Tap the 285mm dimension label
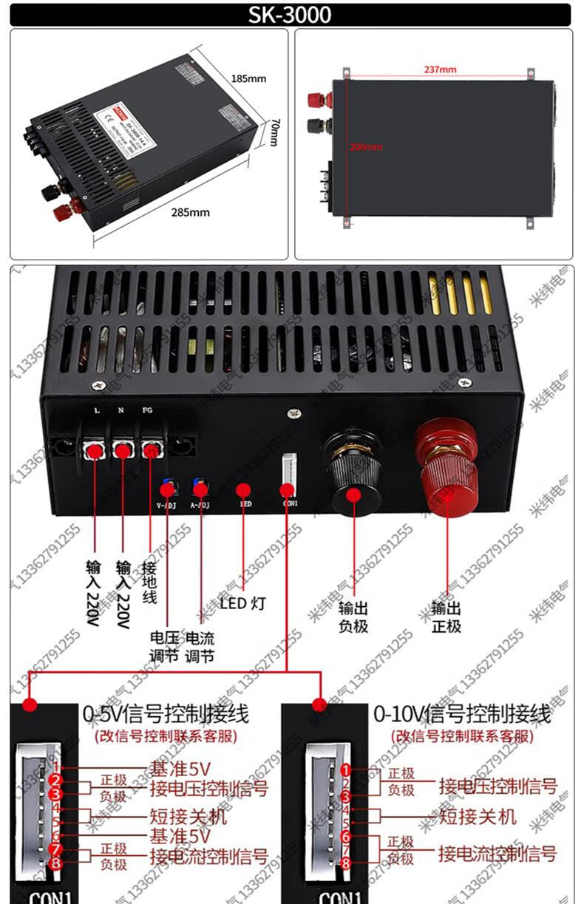(x=191, y=212)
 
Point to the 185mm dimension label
(x=248, y=78)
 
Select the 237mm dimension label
(x=441, y=69)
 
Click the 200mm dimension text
(x=366, y=147)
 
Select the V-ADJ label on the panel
(x=168, y=505)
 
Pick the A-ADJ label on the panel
(x=200, y=505)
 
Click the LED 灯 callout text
(x=242, y=603)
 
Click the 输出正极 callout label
(x=447, y=617)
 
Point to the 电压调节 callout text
(x=164, y=646)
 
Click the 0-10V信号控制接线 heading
(x=462, y=713)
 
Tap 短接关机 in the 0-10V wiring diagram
(x=478, y=816)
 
